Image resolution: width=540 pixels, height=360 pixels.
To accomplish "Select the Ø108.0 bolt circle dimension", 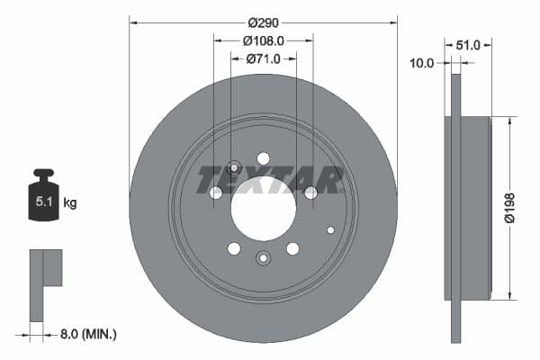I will pyautogui.click(x=263, y=40).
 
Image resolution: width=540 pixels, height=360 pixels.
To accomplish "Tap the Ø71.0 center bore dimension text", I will pyautogui.click(x=263, y=58).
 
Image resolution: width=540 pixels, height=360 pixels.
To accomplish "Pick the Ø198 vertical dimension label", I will pyautogui.click(x=509, y=207).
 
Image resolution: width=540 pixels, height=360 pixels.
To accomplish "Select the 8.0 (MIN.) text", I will pyautogui.click(x=86, y=334).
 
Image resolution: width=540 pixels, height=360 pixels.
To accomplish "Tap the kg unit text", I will pyautogui.click(x=70, y=203).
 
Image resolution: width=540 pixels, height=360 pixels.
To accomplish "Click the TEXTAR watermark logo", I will pyautogui.click(x=270, y=180).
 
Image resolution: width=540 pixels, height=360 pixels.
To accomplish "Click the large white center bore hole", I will pyautogui.click(x=263, y=209).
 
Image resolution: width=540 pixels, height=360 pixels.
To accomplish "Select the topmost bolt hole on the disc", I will pyautogui.click(x=263, y=158).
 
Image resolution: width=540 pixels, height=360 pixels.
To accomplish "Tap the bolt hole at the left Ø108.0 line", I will pyautogui.click(x=215, y=193).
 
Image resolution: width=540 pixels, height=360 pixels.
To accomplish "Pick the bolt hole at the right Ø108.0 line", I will pyautogui.click(x=310, y=193).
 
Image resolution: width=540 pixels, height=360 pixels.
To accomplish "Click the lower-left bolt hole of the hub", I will pyautogui.click(x=233, y=248).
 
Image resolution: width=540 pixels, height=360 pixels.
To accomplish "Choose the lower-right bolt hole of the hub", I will pyautogui.click(x=292, y=248).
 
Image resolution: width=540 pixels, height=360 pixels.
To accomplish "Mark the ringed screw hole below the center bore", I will pyautogui.click(x=263, y=259).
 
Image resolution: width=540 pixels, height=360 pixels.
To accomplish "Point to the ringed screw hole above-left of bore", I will pyautogui.click(x=234, y=167).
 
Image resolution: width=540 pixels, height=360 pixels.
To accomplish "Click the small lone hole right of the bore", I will pyautogui.click(x=330, y=229).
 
